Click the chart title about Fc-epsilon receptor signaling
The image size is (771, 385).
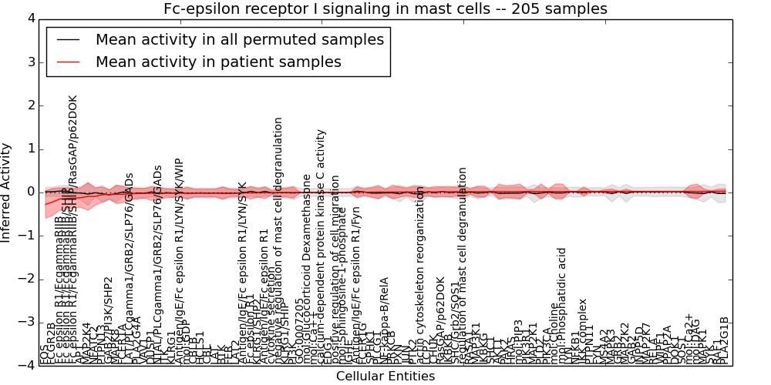385,8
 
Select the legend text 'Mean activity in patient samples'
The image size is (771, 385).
218,62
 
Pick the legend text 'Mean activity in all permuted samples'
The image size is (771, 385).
239,39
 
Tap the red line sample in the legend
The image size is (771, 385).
68,62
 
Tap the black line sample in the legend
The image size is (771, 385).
68,39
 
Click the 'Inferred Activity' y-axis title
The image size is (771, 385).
7,192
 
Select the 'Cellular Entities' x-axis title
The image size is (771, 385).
385,376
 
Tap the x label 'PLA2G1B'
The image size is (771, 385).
723,340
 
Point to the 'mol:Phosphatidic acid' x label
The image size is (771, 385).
562,305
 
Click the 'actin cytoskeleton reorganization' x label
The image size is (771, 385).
420,274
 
